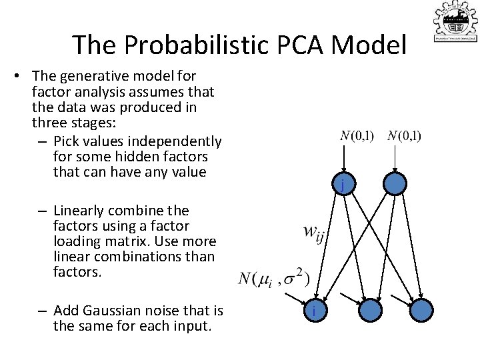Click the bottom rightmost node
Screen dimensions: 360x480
coord(421,310)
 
